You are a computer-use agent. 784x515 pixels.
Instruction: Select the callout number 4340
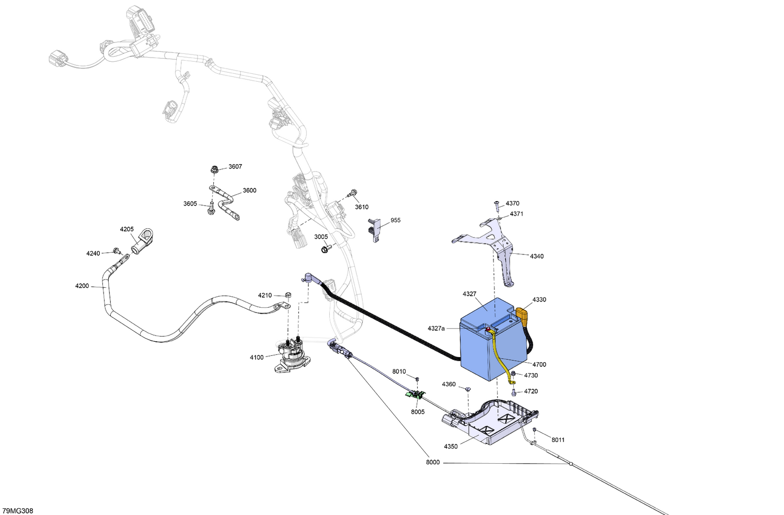tap(537, 256)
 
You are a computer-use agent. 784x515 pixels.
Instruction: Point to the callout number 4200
tap(82, 286)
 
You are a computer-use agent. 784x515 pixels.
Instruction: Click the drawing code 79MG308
tap(17, 511)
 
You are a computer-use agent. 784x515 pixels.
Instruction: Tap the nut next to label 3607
tap(213, 170)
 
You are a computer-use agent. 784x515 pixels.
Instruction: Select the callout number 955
tap(396, 220)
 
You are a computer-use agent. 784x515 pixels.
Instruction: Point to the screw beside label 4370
tap(497, 207)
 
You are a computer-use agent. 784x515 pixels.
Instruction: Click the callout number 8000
tap(433, 462)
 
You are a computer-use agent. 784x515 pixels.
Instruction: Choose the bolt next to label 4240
tap(117, 251)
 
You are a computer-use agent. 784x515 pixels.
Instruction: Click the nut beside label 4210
tap(289, 295)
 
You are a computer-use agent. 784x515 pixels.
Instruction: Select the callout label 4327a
tap(436, 329)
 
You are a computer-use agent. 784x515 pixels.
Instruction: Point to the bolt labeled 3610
tap(352, 194)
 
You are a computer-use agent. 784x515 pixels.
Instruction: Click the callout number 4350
tap(451, 446)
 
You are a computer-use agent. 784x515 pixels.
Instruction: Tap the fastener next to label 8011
tap(535, 430)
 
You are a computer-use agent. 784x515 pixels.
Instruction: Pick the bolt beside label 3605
tap(211, 208)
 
